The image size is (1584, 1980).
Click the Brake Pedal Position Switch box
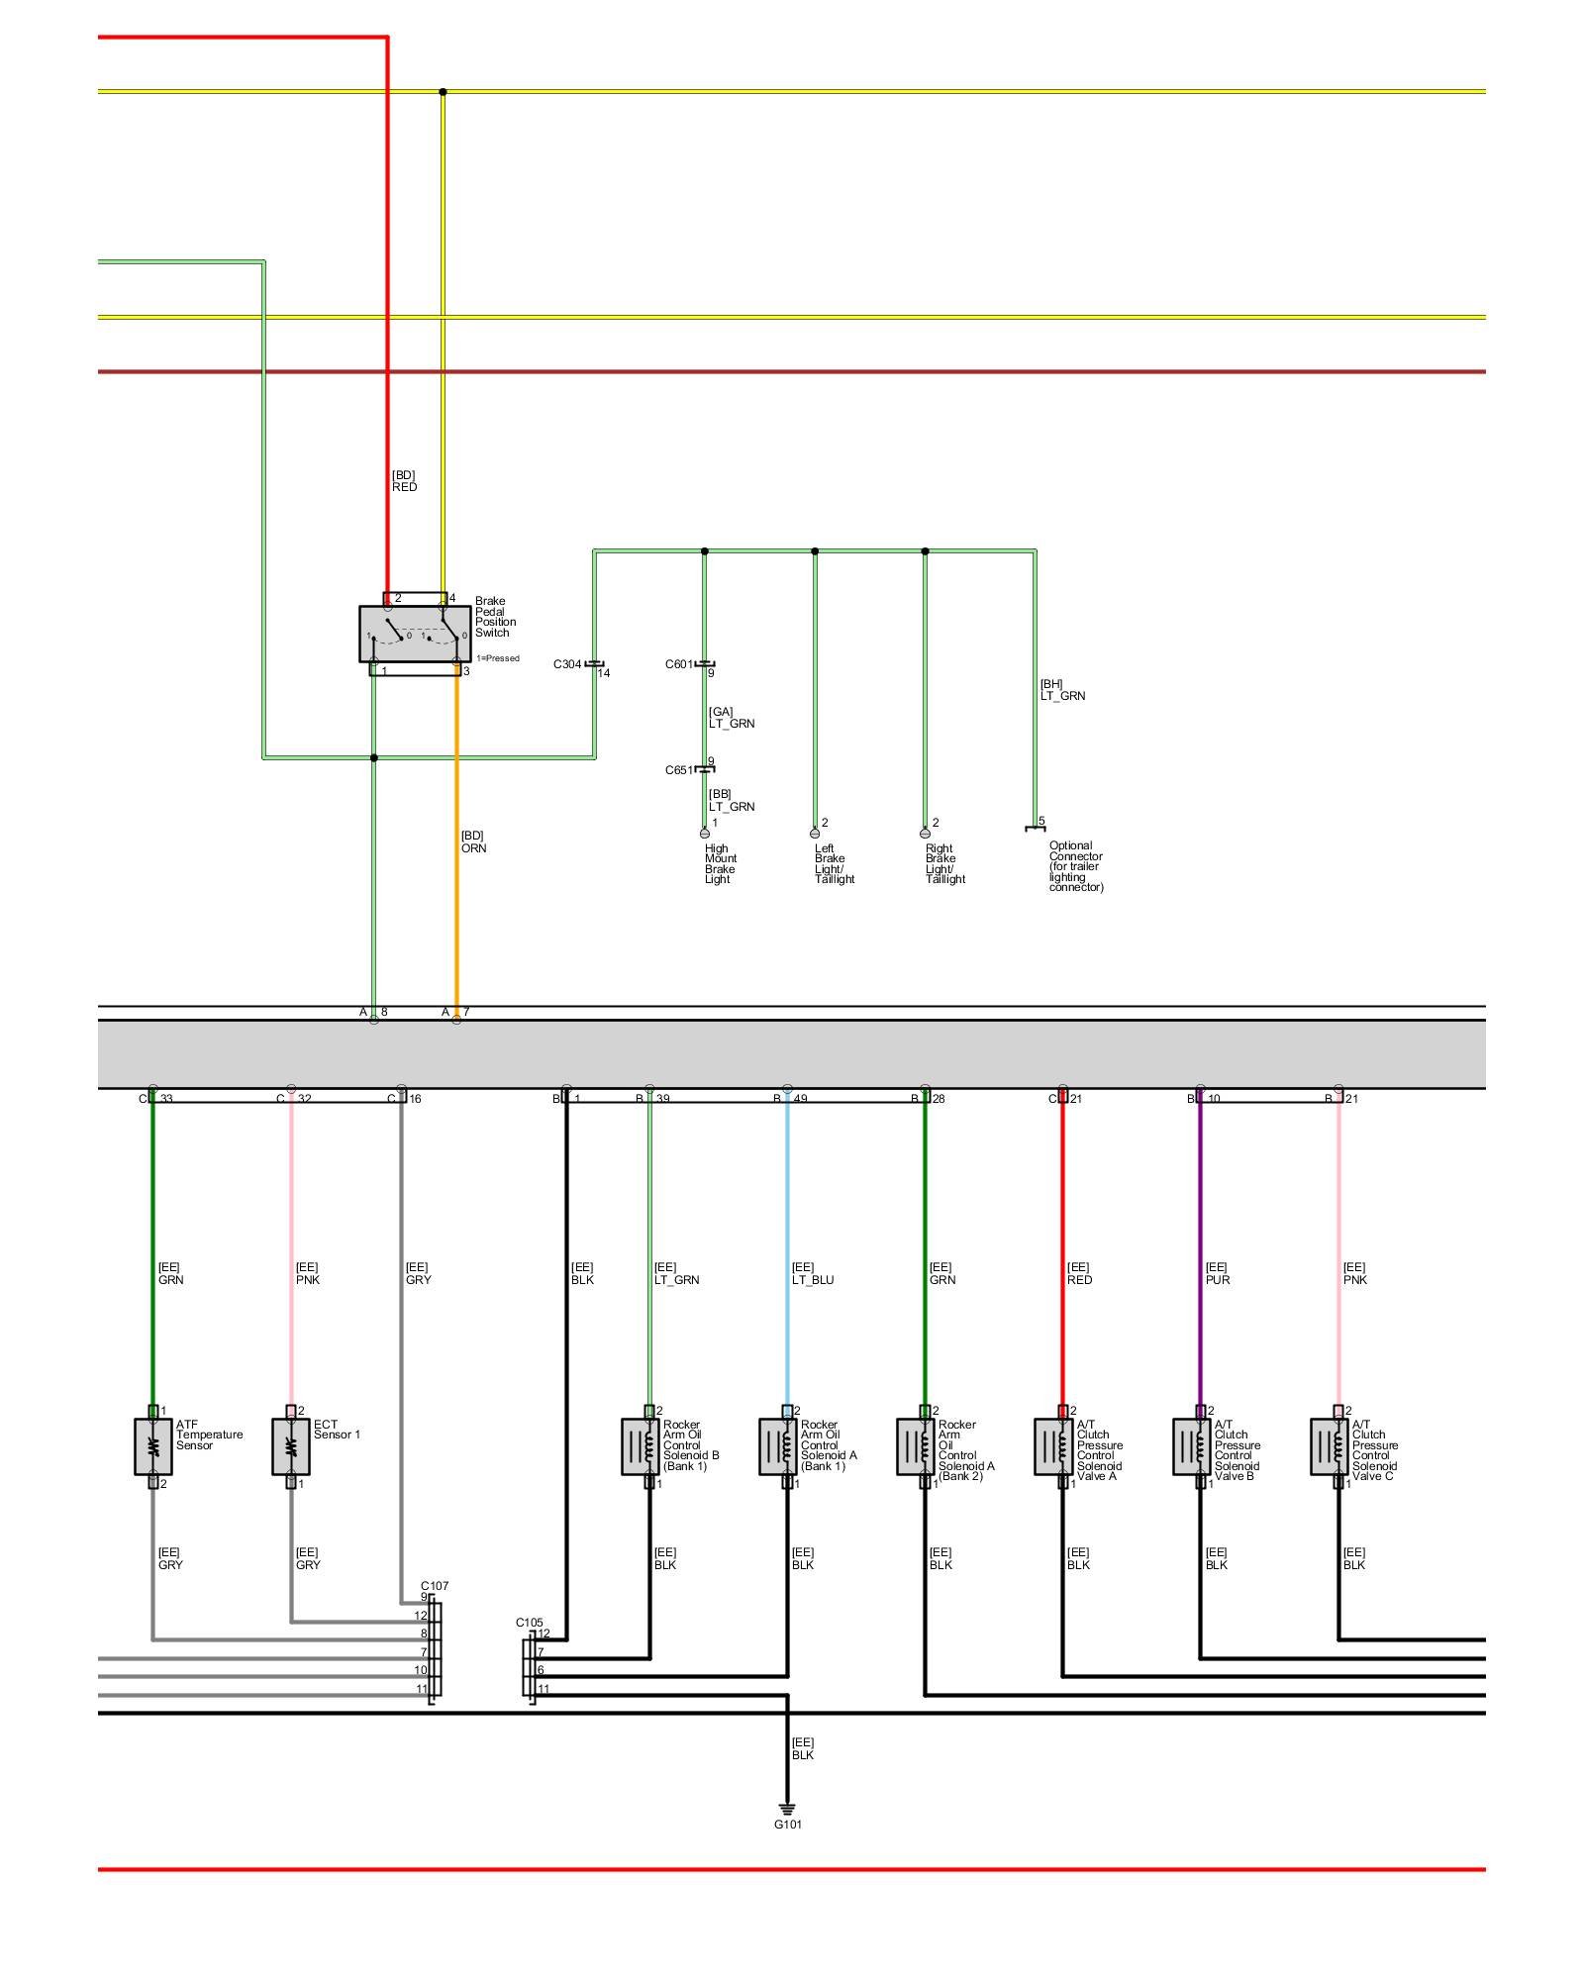click(415, 634)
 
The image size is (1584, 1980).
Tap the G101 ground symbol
click(787, 1809)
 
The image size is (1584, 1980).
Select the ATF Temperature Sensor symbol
click(152, 1446)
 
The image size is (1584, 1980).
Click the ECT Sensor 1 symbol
click(290, 1446)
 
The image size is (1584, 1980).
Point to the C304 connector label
click(567, 664)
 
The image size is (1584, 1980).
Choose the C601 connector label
click(679, 664)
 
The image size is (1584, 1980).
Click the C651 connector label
click(679, 770)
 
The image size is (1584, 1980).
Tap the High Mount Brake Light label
click(720, 863)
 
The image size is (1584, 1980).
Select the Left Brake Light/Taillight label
click(834, 863)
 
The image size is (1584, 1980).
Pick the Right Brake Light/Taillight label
click(944, 863)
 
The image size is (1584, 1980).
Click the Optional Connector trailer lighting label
click(1075, 866)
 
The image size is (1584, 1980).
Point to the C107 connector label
click(435, 1585)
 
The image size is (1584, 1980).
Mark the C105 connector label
click(530, 1623)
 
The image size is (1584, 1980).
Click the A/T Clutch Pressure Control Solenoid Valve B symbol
click(1191, 1446)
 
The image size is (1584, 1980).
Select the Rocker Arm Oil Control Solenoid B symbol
click(640, 1446)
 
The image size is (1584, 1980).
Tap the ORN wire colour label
click(473, 848)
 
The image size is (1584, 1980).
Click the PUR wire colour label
click(1218, 1280)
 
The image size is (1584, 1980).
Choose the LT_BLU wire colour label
click(813, 1280)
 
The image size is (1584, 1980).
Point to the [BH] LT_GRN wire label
click(1062, 690)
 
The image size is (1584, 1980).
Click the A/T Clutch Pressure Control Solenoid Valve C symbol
click(1329, 1446)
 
